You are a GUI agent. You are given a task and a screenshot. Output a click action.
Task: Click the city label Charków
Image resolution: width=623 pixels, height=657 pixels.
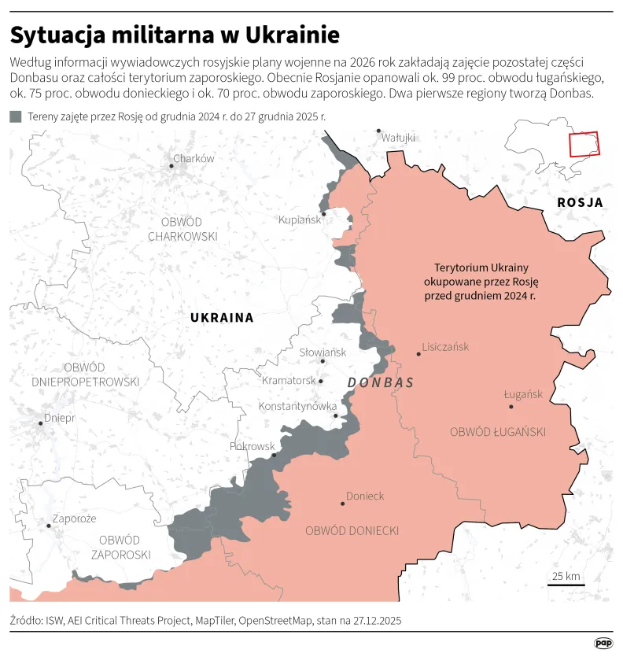tap(194, 158)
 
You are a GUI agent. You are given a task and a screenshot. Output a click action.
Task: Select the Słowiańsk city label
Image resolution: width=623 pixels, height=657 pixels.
tap(323, 352)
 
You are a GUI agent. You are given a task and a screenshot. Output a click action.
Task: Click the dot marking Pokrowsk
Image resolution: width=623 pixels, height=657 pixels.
tap(274, 455)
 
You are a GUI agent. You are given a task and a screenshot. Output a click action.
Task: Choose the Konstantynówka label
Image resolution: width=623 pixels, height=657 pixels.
tap(297, 406)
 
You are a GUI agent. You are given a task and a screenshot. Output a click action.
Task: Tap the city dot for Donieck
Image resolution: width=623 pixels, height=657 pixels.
tap(343, 504)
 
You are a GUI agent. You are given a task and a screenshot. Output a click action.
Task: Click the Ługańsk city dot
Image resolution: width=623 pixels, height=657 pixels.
tap(511, 407)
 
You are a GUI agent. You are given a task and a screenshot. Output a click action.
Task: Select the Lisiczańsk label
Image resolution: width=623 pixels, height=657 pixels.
tap(445, 346)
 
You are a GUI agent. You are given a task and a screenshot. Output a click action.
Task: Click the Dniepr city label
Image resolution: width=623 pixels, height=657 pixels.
tap(60, 418)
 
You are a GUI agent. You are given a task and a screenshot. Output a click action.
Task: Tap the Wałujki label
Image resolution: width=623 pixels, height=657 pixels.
tap(397, 138)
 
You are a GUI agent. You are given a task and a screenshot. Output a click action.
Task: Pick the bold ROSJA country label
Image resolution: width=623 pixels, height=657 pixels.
tap(580, 202)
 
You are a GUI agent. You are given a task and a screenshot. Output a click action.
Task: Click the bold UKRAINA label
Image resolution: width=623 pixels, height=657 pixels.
tap(222, 318)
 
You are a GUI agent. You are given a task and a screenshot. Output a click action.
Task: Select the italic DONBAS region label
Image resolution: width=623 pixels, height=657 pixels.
tap(380, 382)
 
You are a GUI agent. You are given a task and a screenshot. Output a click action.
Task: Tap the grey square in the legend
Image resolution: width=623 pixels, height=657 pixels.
tap(16, 116)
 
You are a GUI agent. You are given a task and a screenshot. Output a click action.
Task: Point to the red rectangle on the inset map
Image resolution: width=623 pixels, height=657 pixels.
tap(584, 144)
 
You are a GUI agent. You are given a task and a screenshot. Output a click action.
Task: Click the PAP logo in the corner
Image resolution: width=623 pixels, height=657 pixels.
tap(603, 643)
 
